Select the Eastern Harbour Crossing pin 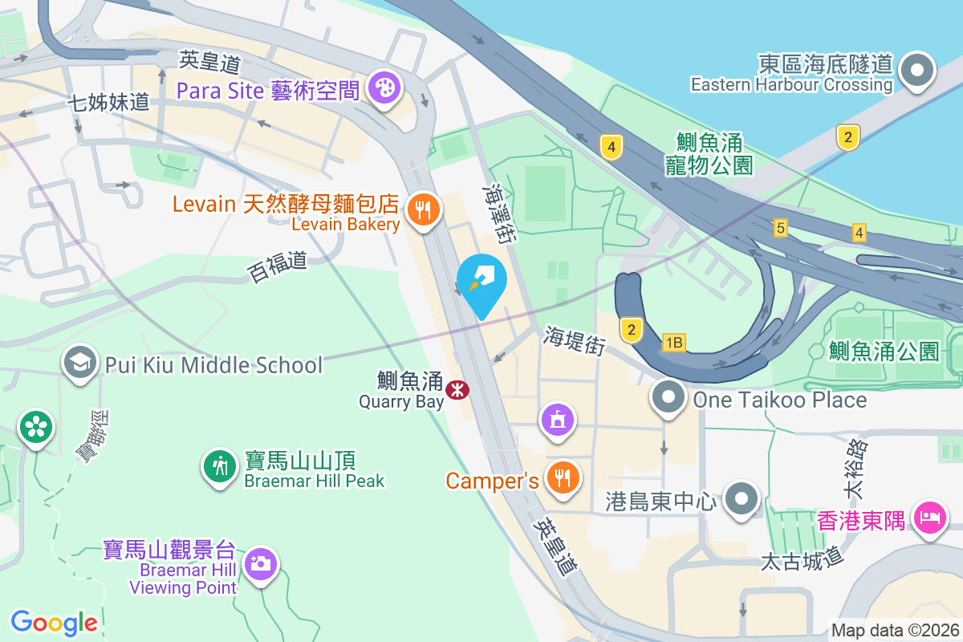click(x=916, y=71)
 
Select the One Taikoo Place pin click(x=668, y=399)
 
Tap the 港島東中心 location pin click(x=742, y=501)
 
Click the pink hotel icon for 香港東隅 click(x=930, y=518)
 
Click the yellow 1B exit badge click(x=673, y=343)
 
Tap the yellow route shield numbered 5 click(x=780, y=229)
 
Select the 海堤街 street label click(x=574, y=340)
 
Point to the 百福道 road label click(x=278, y=266)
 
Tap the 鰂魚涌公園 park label click(x=884, y=351)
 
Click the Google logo click(x=55, y=622)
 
